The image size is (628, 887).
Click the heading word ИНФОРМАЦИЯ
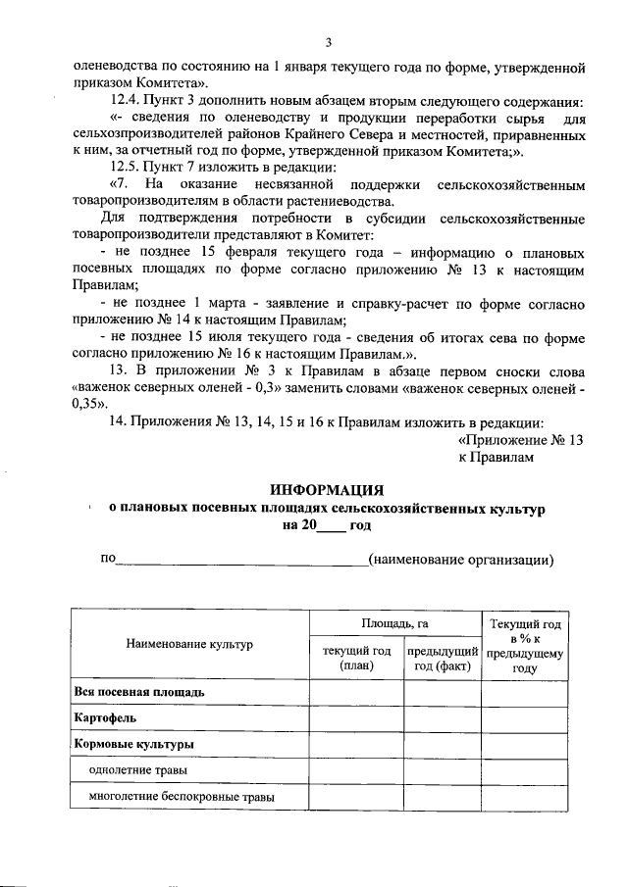[327, 489]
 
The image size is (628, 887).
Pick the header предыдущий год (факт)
[442, 659]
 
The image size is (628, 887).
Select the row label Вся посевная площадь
[139, 692]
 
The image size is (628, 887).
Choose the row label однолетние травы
[137, 770]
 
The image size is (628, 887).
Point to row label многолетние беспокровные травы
[182, 797]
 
